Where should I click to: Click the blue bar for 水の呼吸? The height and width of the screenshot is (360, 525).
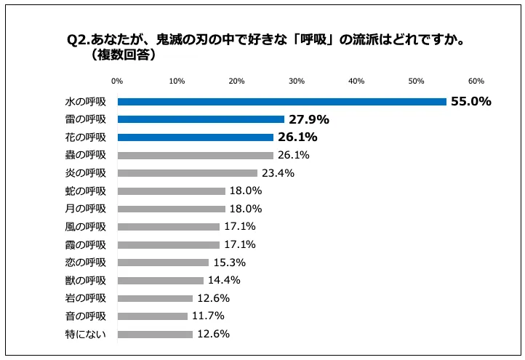[281, 102]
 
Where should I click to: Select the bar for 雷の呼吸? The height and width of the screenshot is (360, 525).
[201, 119]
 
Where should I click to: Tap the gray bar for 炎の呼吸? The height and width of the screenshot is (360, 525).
[188, 173]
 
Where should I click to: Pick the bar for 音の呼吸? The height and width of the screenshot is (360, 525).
[153, 316]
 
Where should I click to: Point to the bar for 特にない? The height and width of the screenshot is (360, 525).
[155, 335]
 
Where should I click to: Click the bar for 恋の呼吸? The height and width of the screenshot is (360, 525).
[163, 263]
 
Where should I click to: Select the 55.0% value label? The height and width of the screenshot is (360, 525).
[471, 102]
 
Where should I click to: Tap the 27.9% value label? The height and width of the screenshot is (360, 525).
[309, 119]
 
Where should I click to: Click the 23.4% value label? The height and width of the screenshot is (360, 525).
[278, 173]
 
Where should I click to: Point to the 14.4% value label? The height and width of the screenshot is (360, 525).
[225, 280]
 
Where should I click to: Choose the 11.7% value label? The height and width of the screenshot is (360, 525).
[209, 316]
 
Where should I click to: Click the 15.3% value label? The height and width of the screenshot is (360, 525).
[230, 263]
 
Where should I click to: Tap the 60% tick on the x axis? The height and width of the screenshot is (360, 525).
[476, 81]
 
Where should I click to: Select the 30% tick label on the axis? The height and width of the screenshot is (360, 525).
[297, 81]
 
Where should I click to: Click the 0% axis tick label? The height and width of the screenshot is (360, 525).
[118, 81]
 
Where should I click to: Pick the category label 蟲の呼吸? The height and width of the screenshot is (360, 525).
[86, 155]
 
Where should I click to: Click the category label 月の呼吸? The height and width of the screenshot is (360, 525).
[86, 209]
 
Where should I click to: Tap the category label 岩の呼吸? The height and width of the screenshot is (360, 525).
[86, 298]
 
